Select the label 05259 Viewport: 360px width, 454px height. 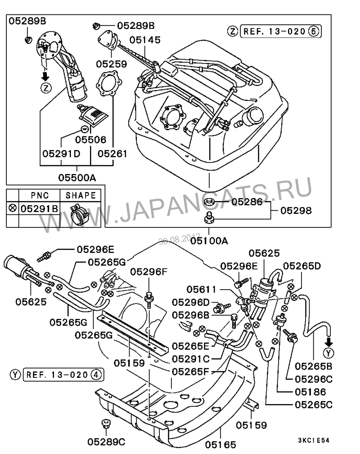click(x=111, y=64)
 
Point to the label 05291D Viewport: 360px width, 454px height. click(x=61, y=154)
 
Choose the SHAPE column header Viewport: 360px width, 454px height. click(x=81, y=195)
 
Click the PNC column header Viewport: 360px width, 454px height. click(x=40, y=195)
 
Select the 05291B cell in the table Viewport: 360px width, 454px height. click(x=40, y=209)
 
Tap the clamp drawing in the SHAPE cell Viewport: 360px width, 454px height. click(x=81, y=213)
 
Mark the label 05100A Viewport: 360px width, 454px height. click(x=209, y=241)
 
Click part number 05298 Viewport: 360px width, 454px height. click(x=296, y=210)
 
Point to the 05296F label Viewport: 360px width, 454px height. click(x=148, y=272)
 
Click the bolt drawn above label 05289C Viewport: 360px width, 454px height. click(x=106, y=424)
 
